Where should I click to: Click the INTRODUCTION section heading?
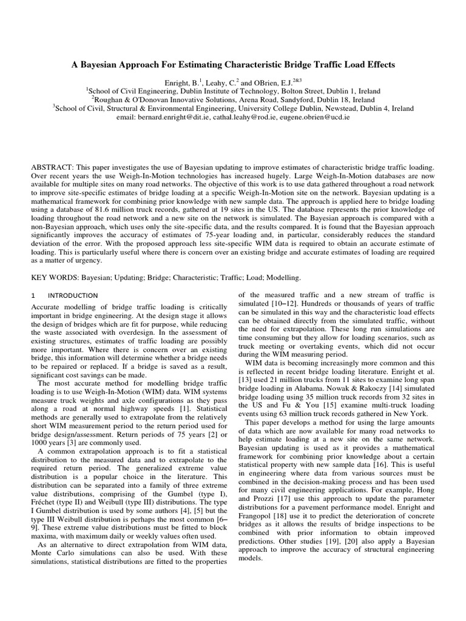click(68, 295)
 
